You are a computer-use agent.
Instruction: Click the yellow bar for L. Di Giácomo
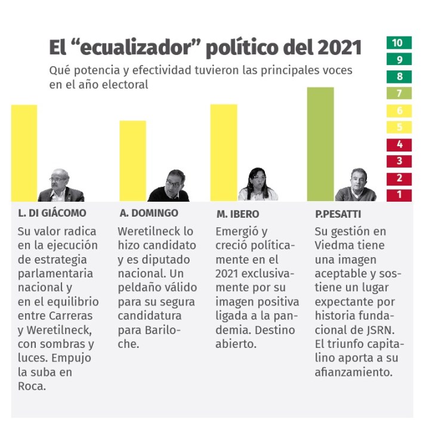click(24, 152)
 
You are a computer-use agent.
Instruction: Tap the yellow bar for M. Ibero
click(223, 152)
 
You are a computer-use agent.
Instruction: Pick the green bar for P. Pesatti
click(320, 143)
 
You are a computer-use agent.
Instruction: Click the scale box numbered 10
click(399, 43)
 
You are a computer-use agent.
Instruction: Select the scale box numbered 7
click(399, 94)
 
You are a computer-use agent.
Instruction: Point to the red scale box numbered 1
click(399, 195)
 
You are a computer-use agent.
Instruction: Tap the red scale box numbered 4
click(399, 144)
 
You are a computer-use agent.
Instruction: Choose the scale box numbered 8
click(399, 77)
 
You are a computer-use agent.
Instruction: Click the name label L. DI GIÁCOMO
click(52, 213)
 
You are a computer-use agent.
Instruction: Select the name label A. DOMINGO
click(149, 213)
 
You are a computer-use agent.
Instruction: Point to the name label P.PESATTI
click(338, 213)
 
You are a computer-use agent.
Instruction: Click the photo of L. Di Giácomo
click(60, 186)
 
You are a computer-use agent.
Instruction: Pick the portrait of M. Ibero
click(258, 185)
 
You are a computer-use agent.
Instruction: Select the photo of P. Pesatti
click(356, 186)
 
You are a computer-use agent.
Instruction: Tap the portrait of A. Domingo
click(169, 186)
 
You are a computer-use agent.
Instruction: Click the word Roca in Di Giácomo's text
click(32, 385)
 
